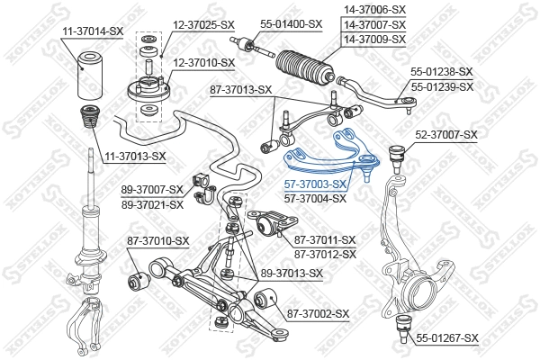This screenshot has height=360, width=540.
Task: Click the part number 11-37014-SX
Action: point(92,31)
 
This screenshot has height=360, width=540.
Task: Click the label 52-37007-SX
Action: point(446,134)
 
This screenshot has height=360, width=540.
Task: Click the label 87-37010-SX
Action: point(158,240)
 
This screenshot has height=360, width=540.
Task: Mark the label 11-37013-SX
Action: point(134,156)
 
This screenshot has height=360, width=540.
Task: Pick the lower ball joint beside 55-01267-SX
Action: point(404,326)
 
